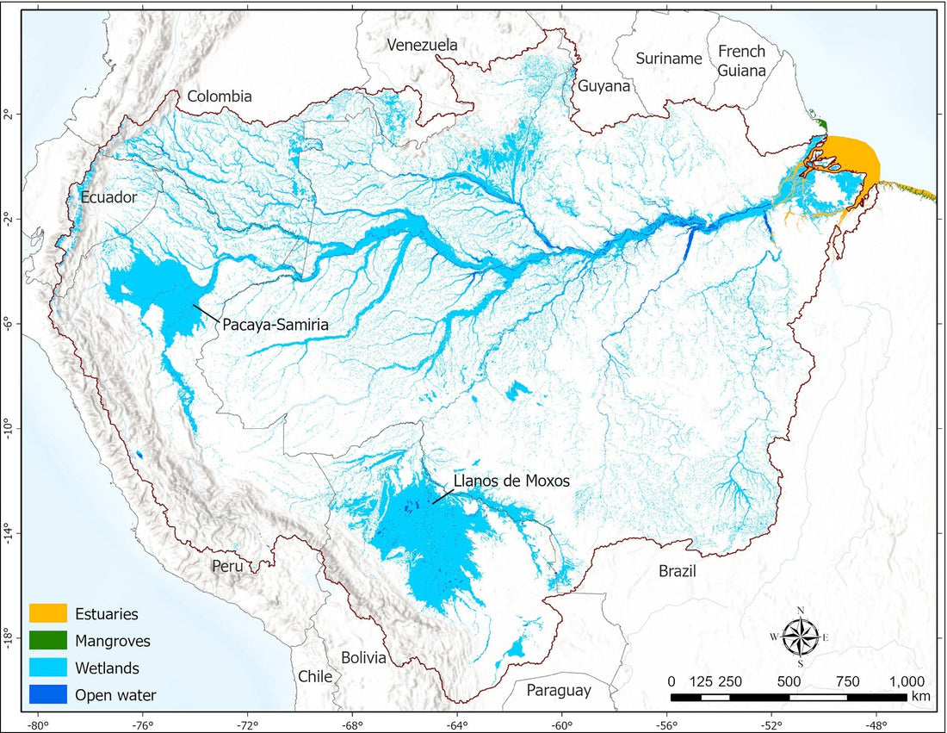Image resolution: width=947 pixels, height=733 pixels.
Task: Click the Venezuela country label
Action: coord(422,45)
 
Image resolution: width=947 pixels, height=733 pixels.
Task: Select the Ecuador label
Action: coord(109,197)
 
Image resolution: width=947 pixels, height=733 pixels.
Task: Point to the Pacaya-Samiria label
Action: coord(276,325)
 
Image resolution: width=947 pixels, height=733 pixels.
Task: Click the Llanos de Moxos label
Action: coord(511,481)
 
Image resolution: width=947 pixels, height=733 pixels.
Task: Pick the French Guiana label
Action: coord(741,61)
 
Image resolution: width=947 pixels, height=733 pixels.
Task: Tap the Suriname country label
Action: coord(669,59)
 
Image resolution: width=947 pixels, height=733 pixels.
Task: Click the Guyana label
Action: coord(603,86)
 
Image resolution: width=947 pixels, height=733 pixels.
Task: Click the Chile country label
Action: coord(315,676)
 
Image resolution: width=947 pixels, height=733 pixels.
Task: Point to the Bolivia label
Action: coord(363,657)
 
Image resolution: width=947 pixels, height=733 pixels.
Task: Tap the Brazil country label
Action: coord(676,570)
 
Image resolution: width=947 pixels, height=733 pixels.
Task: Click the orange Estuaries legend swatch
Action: coord(48,614)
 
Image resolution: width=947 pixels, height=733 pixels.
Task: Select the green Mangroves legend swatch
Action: coord(48,641)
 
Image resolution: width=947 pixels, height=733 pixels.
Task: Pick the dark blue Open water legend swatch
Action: coord(48,694)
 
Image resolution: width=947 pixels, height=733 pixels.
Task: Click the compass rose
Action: coord(801,637)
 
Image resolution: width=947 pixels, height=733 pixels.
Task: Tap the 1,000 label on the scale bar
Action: coord(907,681)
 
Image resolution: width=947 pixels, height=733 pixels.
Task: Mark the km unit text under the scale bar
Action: coord(921,696)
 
